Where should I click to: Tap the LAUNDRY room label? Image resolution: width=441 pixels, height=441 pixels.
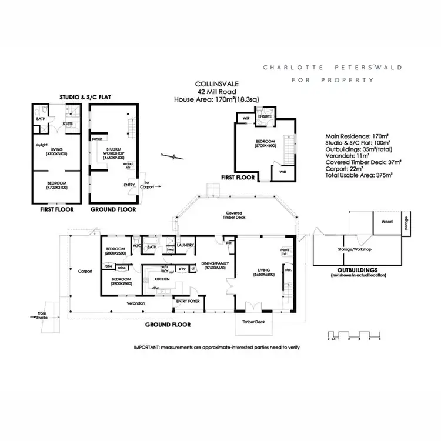click(x=185, y=245)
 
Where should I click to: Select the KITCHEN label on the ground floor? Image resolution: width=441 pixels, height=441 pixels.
click(x=162, y=279)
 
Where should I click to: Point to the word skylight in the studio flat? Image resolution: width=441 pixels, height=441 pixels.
click(x=41, y=143)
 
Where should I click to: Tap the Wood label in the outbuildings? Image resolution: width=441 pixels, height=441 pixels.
click(x=386, y=222)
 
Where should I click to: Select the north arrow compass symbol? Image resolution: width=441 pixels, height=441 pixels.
click(x=170, y=156)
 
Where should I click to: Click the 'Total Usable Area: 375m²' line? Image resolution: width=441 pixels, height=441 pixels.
click(x=359, y=175)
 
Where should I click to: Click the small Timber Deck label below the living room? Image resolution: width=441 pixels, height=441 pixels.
click(x=253, y=322)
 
